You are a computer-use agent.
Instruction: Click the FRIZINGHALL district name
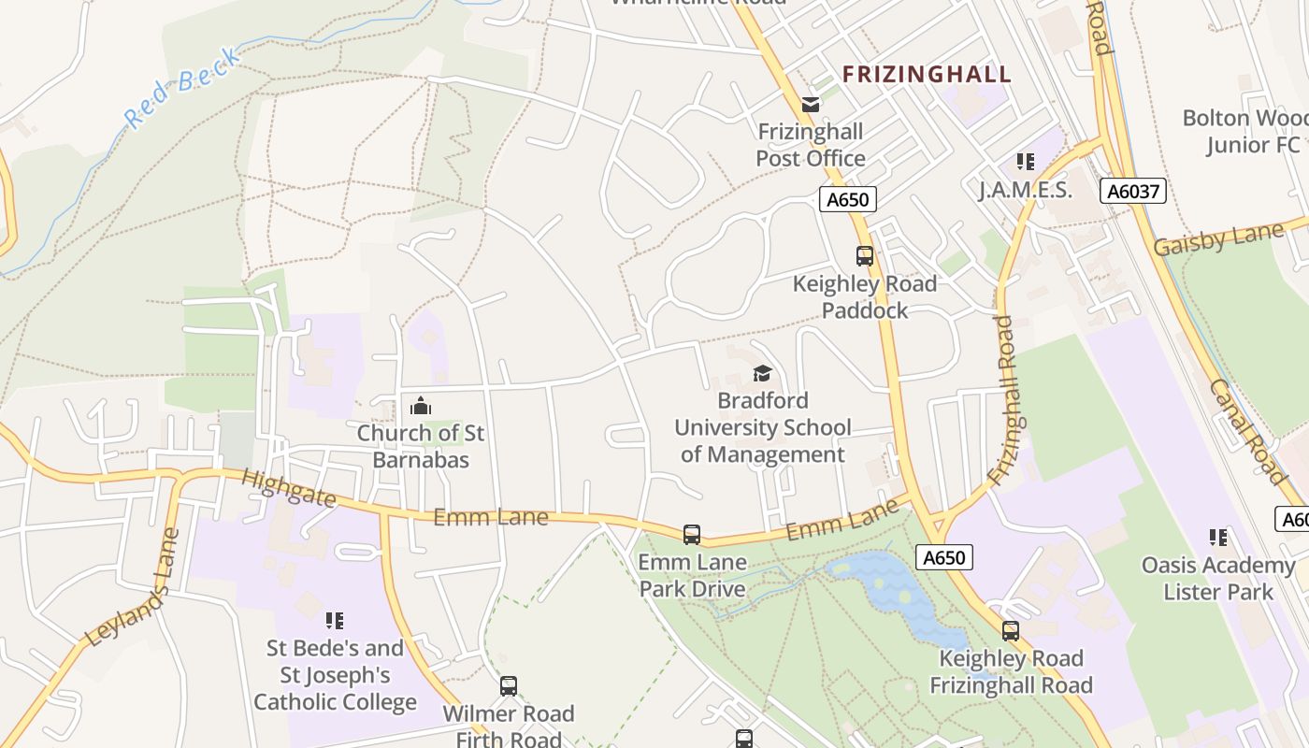pyautogui.click(x=927, y=74)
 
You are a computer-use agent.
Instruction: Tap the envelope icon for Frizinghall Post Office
pyautogui.click(x=810, y=104)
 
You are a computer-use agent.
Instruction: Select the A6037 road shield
pyautogui.click(x=1132, y=192)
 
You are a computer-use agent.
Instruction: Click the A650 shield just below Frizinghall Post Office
pyautogui.click(x=848, y=199)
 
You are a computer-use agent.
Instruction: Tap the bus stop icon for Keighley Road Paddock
pyautogui.click(x=865, y=255)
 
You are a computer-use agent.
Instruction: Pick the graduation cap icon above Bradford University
pyautogui.click(x=762, y=374)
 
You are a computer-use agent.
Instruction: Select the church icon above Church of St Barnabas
pyautogui.click(x=421, y=406)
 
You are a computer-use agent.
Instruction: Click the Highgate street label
pyautogui.click(x=288, y=488)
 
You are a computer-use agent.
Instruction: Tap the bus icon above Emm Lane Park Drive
pyautogui.click(x=692, y=535)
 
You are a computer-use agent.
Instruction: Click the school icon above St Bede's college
pyautogui.click(x=335, y=620)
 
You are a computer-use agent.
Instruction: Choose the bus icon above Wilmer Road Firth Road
pyautogui.click(x=509, y=686)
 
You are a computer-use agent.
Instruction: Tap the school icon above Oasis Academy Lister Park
pyautogui.click(x=1218, y=538)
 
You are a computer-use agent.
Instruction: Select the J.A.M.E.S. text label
pyautogui.click(x=1025, y=190)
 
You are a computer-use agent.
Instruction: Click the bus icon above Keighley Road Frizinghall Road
pyautogui.click(x=1011, y=631)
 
